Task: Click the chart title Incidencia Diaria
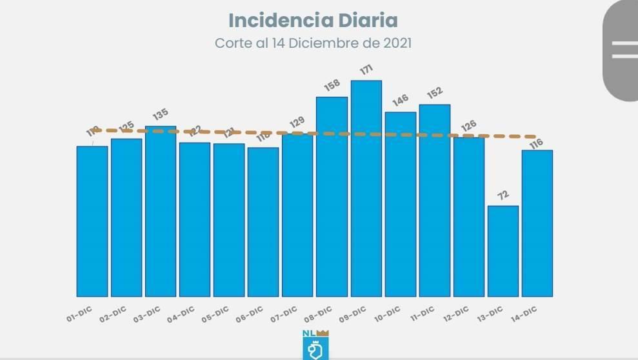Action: tap(313, 20)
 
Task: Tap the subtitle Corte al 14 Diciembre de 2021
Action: tap(313, 43)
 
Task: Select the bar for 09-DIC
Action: tap(366, 188)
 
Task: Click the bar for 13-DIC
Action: tap(503, 251)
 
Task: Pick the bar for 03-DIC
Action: tap(161, 211)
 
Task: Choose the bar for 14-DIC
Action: tap(537, 223)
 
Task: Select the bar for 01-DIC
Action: tap(92, 221)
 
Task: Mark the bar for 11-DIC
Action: tap(435, 200)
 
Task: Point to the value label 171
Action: tap(366, 70)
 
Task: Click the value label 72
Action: tap(503, 195)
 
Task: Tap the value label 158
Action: tap(332, 86)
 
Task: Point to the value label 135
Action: tap(160, 115)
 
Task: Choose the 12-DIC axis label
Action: tap(456, 313)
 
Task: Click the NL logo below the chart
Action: tap(316, 345)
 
